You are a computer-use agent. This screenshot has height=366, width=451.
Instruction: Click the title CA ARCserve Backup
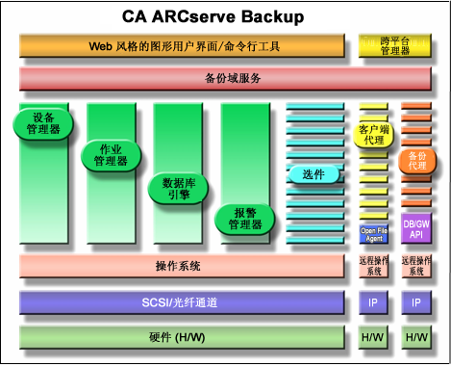click(x=226, y=16)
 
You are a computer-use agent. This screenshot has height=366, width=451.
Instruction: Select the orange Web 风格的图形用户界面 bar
click(x=181, y=45)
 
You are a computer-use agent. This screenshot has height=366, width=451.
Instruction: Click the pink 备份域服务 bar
click(x=226, y=78)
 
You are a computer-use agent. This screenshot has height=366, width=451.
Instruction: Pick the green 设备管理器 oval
click(x=44, y=123)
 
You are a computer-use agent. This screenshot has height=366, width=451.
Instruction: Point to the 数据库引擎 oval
click(x=179, y=187)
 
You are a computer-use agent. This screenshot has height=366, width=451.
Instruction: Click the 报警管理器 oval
click(x=245, y=218)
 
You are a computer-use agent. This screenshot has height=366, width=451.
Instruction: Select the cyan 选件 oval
click(x=314, y=174)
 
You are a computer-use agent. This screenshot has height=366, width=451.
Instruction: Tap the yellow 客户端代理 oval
click(x=375, y=134)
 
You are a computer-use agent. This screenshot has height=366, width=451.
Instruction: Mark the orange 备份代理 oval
click(x=416, y=160)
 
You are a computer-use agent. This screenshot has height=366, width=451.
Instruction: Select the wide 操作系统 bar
click(x=181, y=267)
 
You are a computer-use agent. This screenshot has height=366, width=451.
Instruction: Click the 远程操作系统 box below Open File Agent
click(x=374, y=267)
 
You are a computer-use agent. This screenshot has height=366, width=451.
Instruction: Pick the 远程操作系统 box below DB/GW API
click(x=416, y=267)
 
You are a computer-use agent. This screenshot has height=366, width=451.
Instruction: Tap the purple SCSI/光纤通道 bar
click(x=181, y=302)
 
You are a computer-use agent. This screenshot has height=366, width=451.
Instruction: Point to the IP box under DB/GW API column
click(x=416, y=302)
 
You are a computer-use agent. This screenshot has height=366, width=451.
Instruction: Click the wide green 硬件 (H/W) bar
click(x=181, y=337)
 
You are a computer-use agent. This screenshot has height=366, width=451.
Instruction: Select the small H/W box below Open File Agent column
click(x=374, y=337)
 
